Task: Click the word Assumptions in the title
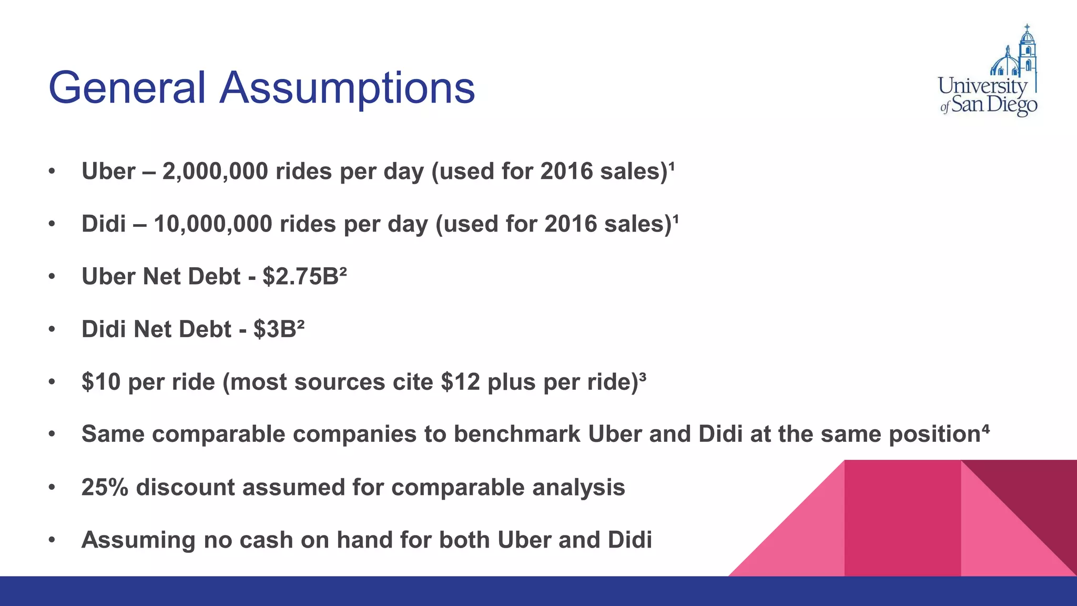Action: pyautogui.click(x=347, y=88)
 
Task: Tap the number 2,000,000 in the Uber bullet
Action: pyautogui.click(x=215, y=171)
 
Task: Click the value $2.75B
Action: pyautogui.click(x=300, y=277)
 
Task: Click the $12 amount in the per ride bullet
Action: pyautogui.click(x=460, y=382)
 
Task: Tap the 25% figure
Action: pyautogui.click(x=105, y=487)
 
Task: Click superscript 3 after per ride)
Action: pyautogui.click(x=643, y=376)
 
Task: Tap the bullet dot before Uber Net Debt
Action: pyautogui.click(x=52, y=277)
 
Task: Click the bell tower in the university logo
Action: pyautogui.click(x=1027, y=50)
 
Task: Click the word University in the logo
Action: pyautogui.click(x=982, y=86)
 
